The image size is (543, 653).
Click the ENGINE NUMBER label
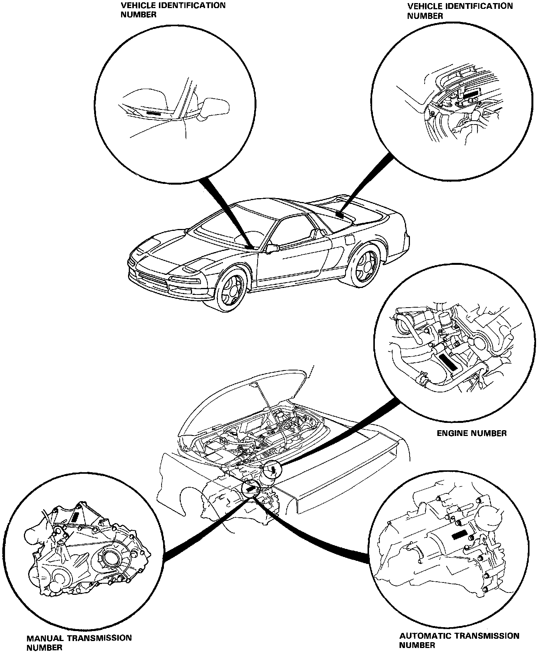471,433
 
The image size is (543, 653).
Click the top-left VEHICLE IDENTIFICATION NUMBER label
173,10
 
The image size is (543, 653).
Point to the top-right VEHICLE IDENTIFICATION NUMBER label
460,11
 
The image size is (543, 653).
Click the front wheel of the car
230,289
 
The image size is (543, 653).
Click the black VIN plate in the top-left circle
155,114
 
